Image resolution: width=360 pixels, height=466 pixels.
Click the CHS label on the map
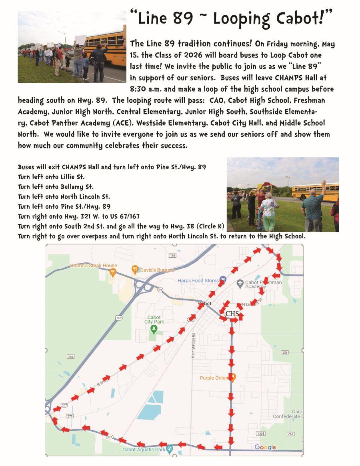click(232, 314)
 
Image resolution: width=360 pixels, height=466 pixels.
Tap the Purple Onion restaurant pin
click(234, 377)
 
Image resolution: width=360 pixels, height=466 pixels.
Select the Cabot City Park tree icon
click(154, 329)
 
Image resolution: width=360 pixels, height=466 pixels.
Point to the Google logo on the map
click(265, 447)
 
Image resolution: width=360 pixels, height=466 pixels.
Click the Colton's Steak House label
click(94, 265)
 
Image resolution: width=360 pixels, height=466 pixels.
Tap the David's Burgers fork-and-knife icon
click(136, 270)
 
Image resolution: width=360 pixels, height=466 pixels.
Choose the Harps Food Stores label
click(198, 280)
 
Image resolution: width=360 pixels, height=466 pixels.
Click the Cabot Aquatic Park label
click(144, 450)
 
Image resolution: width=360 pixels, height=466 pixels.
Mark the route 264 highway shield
click(71, 357)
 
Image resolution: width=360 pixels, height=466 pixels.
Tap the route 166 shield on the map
click(172, 255)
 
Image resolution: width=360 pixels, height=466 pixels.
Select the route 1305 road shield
click(261, 434)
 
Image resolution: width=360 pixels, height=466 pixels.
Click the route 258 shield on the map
click(285, 352)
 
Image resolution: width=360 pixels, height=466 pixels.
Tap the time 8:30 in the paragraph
click(140, 89)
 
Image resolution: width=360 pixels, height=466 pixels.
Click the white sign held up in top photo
click(80, 40)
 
